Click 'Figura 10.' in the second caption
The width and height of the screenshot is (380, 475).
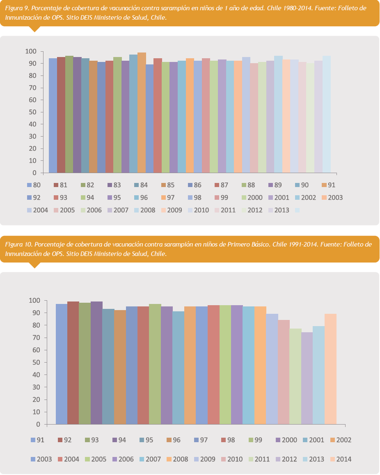coord(18,244)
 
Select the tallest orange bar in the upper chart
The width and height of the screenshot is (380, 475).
coord(142,112)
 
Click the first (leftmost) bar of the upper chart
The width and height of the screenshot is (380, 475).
coord(53,115)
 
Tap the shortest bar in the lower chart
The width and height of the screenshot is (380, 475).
coord(307,378)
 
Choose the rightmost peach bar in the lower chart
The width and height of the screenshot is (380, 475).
coord(330,369)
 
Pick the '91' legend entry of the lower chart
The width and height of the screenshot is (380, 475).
coord(38,440)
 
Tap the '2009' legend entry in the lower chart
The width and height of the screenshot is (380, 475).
coord(204,459)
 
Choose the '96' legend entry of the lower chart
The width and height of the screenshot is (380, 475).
coord(174,440)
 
